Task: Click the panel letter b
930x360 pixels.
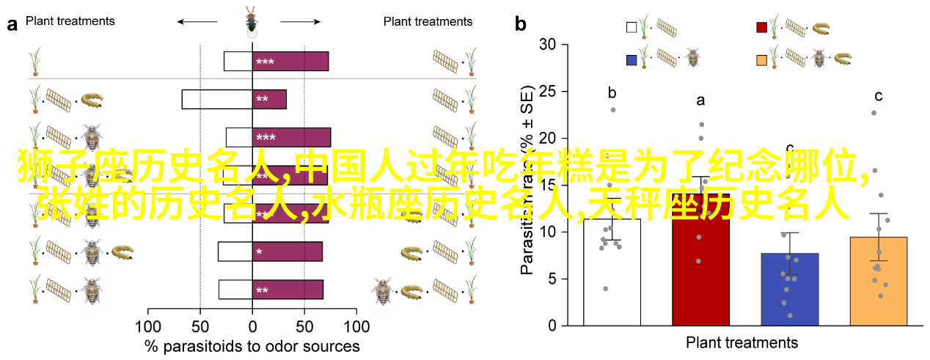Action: pos(521,23)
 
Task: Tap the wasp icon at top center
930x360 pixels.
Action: pos(252,22)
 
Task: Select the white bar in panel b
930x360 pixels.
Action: pos(612,271)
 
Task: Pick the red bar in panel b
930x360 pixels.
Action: pos(700,271)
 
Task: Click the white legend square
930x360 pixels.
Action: pos(631,28)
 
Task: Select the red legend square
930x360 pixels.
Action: pos(762,28)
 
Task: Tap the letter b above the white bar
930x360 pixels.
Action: pos(612,93)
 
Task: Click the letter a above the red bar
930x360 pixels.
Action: pos(700,100)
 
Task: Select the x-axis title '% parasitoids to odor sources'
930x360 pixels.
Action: pos(252,345)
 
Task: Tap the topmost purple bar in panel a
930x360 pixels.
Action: pos(290,62)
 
